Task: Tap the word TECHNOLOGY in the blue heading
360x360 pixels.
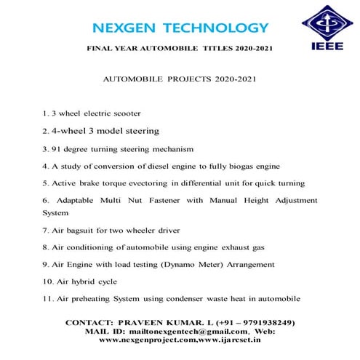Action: coord(217,28)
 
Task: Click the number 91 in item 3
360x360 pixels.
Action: coord(57,148)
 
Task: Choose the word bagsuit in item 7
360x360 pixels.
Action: coord(80,230)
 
